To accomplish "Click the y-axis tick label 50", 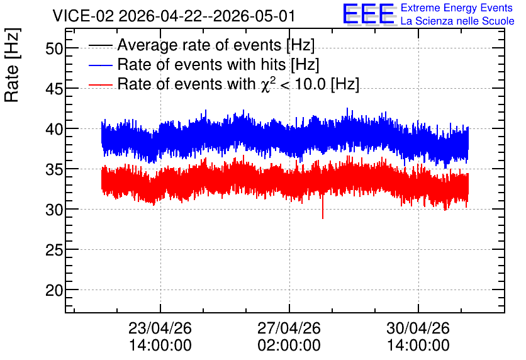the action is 54,48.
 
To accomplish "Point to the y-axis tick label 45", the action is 54,89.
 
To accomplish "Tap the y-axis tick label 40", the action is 54,129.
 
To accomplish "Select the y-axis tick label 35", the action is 54,169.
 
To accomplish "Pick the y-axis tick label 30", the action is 54,210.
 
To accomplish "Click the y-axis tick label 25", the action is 54,250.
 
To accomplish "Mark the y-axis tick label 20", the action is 54,290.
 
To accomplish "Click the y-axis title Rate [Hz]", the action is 12,65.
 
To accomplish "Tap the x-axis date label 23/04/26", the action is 160,328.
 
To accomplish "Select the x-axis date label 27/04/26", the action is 289,328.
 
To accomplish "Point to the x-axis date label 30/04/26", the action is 418,328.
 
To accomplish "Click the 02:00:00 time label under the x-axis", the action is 289,346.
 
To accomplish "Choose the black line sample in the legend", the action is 100,45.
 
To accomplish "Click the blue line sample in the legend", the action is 100,65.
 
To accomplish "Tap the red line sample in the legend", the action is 100,84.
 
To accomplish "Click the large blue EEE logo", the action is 369,14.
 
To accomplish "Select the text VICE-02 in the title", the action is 84,16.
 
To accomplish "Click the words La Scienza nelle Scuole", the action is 457,21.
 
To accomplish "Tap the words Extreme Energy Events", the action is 457,8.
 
